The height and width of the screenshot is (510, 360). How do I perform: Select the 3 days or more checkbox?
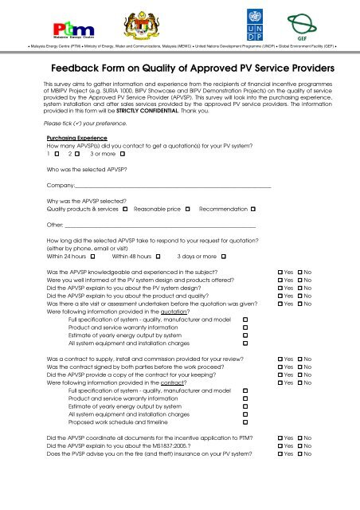pyautogui.click(x=224, y=257)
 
